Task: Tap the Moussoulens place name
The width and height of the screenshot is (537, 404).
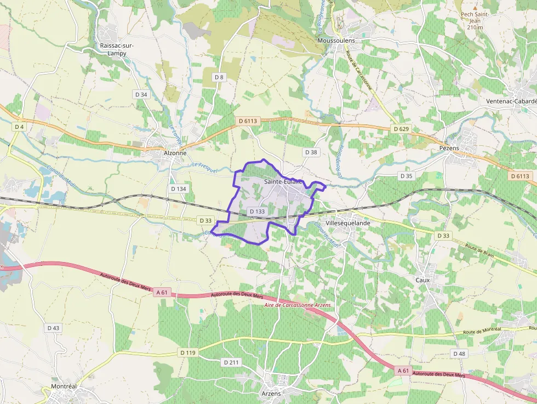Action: click(336, 41)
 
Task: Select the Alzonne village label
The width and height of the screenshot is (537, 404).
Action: click(175, 153)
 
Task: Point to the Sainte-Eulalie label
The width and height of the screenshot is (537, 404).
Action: click(283, 181)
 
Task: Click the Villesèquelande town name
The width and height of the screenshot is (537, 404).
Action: click(348, 223)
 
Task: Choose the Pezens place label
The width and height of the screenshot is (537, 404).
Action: click(449, 148)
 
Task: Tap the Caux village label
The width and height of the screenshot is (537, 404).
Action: click(422, 280)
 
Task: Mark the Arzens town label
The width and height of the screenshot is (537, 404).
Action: click(271, 394)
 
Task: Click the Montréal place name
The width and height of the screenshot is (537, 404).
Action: click(64, 386)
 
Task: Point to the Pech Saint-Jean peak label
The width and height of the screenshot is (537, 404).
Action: click(475, 20)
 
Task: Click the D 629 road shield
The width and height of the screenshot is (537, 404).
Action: click(401, 128)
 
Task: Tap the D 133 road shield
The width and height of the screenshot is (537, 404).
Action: click(257, 211)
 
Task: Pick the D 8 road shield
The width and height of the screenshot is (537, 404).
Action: click(219, 77)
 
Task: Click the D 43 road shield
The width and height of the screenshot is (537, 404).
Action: click(53, 328)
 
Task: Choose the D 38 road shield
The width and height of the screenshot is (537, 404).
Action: click(311, 152)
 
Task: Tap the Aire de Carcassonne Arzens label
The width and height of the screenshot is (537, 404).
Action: click(298, 305)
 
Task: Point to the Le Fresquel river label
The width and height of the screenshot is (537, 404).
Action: click(205, 167)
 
